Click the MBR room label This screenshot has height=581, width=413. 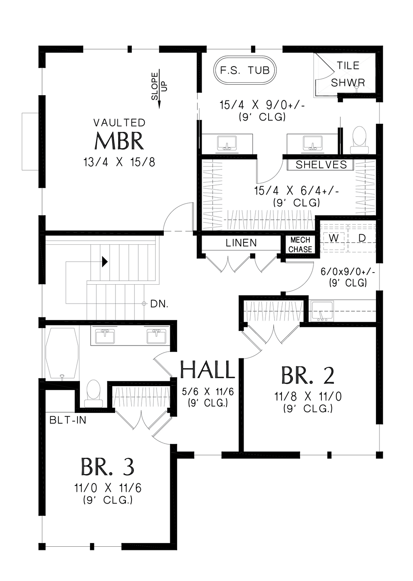[x=119, y=141]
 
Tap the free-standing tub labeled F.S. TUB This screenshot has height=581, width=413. [x=245, y=70]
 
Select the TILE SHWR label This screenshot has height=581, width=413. [x=348, y=74]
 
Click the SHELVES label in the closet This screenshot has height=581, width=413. [x=321, y=165]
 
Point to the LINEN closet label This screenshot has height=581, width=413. [x=241, y=243]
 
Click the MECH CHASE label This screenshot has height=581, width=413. [x=300, y=245]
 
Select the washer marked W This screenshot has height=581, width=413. [x=334, y=238]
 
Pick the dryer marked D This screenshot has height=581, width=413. [x=362, y=238]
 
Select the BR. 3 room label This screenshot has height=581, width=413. [x=107, y=466]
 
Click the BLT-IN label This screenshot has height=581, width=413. [x=68, y=420]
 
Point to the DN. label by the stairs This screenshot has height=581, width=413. [x=159, y=304]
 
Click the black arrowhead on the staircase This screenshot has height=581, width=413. [x=105, y=262]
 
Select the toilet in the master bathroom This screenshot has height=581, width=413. [x=359, y=140]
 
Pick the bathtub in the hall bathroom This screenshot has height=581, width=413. [x=62, y=353]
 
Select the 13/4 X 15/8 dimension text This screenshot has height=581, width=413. [x=119, y=162]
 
